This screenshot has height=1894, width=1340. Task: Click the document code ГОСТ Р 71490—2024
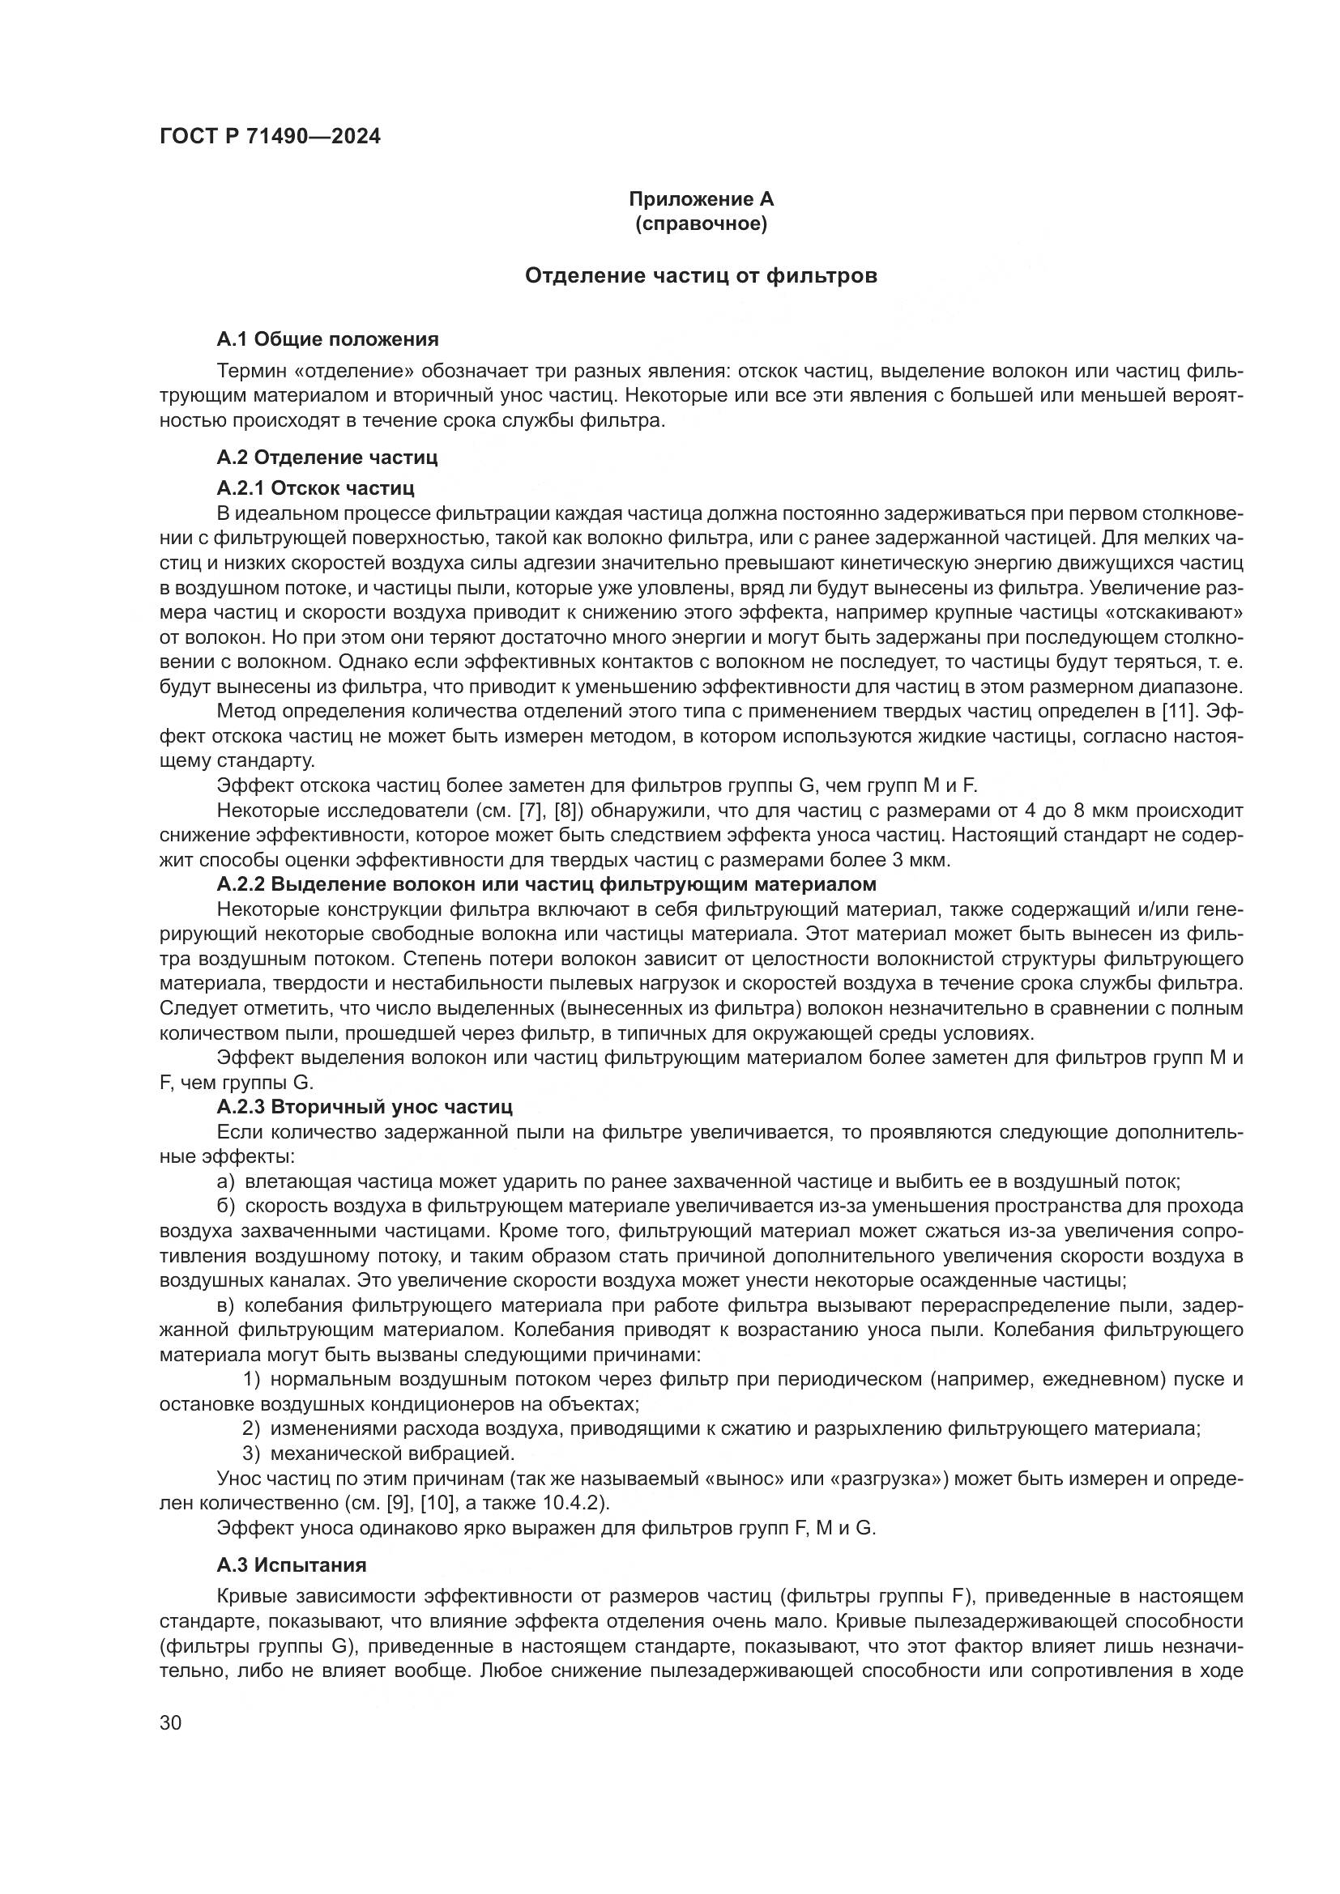click(270, 137)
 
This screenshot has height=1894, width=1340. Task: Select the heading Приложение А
click(701, 199)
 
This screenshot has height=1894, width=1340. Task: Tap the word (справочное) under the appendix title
click(701, 223)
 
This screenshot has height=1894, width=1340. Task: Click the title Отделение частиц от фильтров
click(701, 275)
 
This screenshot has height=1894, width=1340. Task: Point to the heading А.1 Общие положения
click(327, 339)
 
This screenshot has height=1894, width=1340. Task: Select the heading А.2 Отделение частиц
click(326, 457)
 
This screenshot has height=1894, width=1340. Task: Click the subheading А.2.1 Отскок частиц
click(315, 488)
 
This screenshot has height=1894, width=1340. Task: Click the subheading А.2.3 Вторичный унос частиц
click(365, 1106)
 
